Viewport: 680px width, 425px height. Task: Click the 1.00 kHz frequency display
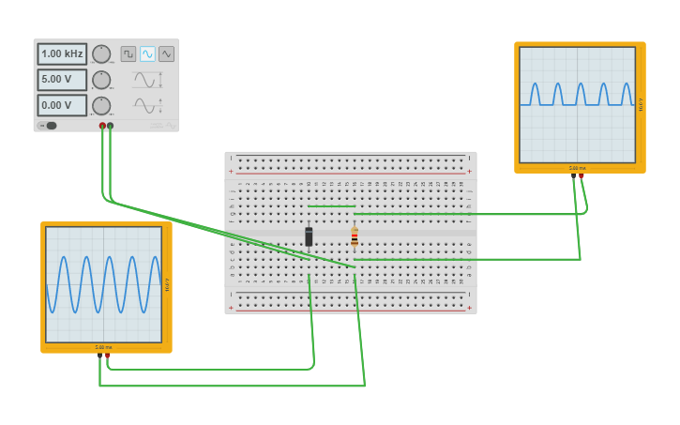pos(62,54)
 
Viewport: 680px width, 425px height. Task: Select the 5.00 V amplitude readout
pos(62,80)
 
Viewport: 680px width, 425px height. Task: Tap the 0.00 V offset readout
pos(62,105)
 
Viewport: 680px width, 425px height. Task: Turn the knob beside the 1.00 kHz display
pos(101,54)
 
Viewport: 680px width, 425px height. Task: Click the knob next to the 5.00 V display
pos(101,80)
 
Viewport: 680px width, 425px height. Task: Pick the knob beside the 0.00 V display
pos(101,105)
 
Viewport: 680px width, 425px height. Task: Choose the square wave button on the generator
pos(128,54)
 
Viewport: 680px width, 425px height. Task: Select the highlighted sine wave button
pos(147,54)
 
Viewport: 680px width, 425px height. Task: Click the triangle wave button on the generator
pos(166,54)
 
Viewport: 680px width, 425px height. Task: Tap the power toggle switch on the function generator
pos(48,126)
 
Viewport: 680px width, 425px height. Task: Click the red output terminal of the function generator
pos(102,126)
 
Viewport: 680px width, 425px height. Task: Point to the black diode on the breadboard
pos(309,236)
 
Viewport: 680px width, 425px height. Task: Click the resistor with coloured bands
pos(355,236)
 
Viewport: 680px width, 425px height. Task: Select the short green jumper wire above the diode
pos(331,206)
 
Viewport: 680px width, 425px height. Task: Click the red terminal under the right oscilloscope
pos(582,175)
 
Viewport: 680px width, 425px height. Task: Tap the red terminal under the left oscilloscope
pos(108,355)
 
